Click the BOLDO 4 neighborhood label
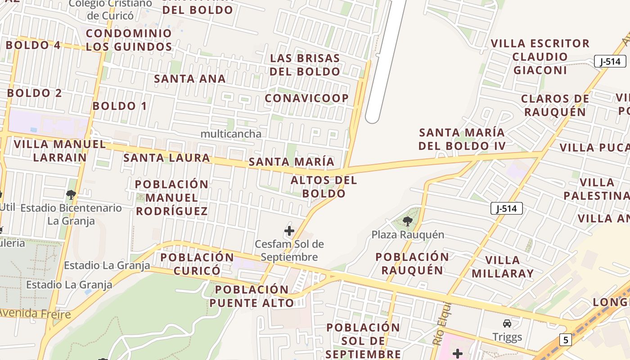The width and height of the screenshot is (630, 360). point(33,45)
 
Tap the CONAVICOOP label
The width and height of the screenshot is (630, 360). point(307,98)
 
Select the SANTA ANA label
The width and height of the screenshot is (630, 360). point(190,79)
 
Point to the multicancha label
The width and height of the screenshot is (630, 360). point(231,134)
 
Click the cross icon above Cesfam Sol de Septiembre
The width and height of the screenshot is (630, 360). point(289,231)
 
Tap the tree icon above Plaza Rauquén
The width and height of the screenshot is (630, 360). point(408,221)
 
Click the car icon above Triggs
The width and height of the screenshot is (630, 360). point(507,324)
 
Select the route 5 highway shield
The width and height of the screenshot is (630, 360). point(565,339)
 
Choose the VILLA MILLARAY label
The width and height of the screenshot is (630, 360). point(503,266)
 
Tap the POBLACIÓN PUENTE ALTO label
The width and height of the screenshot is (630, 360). point(252,296)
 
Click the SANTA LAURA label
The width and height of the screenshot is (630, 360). point(167,158)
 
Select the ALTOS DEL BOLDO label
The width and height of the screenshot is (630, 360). point(324,187)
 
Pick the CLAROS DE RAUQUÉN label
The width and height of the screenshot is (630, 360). point(555,105)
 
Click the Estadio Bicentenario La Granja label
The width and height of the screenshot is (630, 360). point(71,214)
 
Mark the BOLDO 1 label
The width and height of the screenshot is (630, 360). point(120,106)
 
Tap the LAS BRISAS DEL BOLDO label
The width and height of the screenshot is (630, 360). point(305,65)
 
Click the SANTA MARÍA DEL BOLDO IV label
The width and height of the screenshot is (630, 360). point(462,139)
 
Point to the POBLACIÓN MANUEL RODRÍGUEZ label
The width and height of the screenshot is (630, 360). point(171,198)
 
